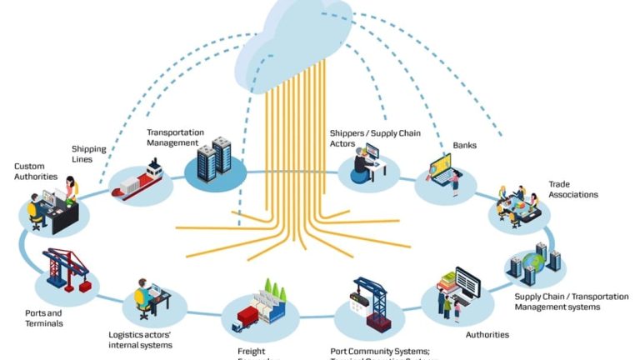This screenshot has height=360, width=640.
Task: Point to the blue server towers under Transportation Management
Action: pos(213,158)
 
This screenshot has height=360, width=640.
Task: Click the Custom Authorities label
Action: pos(36,172)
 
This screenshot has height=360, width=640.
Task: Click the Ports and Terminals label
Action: pos(44,318)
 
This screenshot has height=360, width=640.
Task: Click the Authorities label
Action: pos(487,335)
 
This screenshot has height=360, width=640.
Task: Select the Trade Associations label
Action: pos(572,189)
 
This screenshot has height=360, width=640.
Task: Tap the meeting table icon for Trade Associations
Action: pos(517,203)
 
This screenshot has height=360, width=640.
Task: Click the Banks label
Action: pos(464,145)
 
